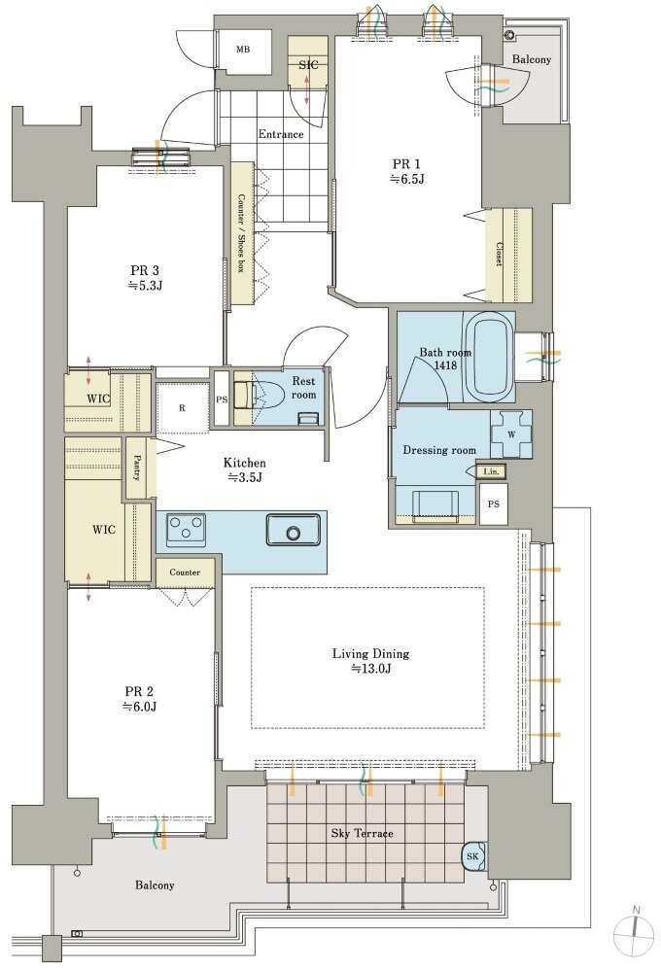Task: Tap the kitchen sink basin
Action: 293,530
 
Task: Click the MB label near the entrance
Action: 243,50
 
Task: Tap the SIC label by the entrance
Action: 308,64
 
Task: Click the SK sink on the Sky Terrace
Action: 473,856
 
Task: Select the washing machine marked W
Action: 511,434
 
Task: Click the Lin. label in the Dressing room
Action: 491,472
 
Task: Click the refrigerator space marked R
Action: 182,408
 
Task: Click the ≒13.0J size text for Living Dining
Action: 370,669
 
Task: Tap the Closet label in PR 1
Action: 499,254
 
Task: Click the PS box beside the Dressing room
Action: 493,503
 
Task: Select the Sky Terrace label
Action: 363,833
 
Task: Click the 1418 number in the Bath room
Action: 445,365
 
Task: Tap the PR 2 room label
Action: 139,691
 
